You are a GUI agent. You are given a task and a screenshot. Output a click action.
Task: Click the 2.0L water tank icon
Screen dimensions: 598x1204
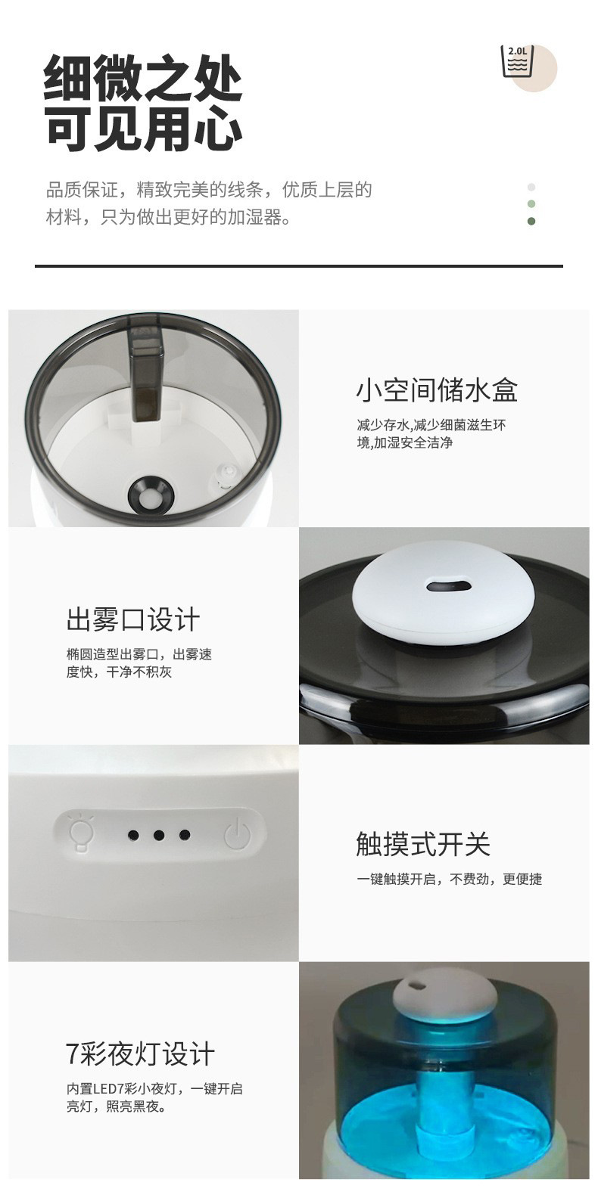pyautogui.click(x=518, y=61)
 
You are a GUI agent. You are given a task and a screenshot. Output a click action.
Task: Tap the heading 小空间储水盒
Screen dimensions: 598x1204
pyautogui.click(x=437, y=389)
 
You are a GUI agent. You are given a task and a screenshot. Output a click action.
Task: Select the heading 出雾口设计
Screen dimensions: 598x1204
pyautogui.click(x=132, y=619)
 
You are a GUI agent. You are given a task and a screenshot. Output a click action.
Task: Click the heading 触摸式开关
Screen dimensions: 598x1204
pyautogui.click(x=422, y=843)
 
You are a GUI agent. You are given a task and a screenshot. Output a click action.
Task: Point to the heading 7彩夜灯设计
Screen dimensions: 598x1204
pyautogui.click(x=140, y=1054)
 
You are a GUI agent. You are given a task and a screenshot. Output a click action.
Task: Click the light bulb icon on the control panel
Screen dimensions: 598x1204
pyautogui.click(x=82, y=833)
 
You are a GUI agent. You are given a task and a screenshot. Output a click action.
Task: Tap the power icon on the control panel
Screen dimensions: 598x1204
pyautogui.click(x=237, y=834)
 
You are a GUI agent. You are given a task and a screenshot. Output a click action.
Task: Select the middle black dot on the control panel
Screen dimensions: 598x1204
pyautogui.click(x=159, y=835)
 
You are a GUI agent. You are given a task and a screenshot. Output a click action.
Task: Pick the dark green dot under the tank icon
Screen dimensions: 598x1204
pyautogui.click(x=531, y=221)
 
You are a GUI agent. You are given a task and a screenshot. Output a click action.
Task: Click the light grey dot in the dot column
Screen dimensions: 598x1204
pyautogui.click(x=531, y=187)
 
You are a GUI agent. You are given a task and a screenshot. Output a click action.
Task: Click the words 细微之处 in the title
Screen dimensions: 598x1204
pyautogui.click(x=143, y=78)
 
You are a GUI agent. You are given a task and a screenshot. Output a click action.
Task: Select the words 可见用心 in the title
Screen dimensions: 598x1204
pyautogui.click(x=143, y=127)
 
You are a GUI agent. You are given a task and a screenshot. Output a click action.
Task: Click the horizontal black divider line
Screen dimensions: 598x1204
pyautogui.click(x=299, y=265)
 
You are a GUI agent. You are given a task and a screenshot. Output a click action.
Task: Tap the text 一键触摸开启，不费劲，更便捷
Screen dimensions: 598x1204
pyautogui.click(x=450, y=879)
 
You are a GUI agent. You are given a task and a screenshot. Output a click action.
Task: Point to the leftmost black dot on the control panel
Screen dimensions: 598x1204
pyautogui.click(x=133, y=835)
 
